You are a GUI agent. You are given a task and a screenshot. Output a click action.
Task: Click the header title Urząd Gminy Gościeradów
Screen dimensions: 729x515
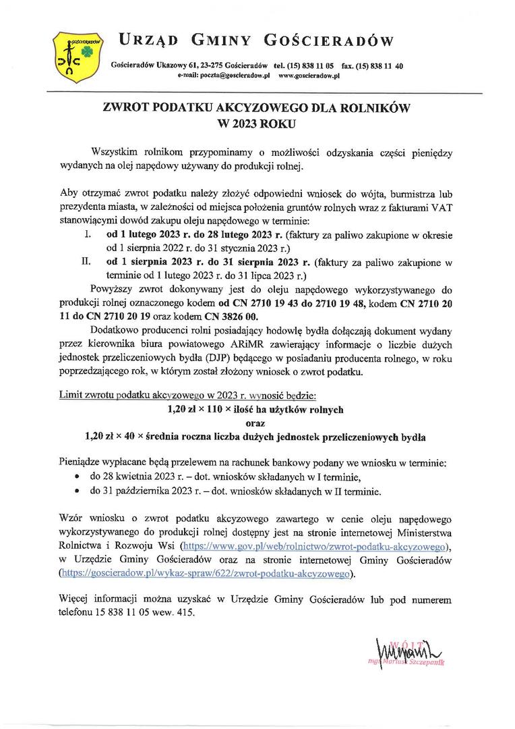[256, 41]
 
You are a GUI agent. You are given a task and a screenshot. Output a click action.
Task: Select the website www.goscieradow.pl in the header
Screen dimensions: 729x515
[308, 76]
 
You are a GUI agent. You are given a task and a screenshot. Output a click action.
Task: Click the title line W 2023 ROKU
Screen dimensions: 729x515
[255, 124]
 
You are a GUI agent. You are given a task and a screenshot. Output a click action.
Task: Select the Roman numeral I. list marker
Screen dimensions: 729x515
[87, 236]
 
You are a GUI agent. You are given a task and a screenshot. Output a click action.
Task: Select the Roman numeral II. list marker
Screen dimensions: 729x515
[86, 263]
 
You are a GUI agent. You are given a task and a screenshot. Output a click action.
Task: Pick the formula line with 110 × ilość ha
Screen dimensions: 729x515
[255, 409]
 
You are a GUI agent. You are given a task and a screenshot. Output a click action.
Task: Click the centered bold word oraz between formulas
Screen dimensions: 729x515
[255, 423]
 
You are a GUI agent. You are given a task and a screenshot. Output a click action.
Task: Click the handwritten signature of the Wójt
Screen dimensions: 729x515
[404, 651]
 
